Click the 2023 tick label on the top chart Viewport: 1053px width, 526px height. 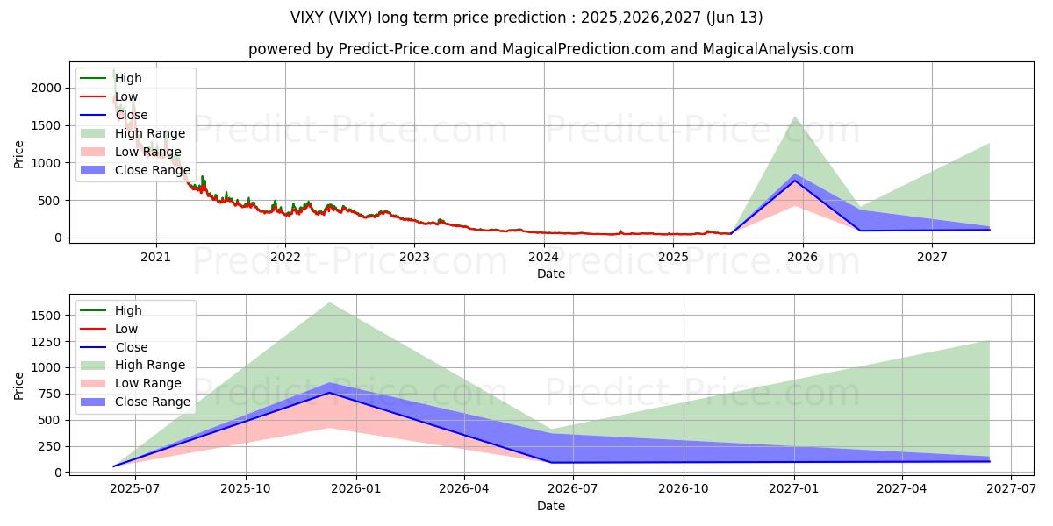coord(414,257)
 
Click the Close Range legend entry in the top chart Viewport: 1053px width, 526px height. coord(152,170)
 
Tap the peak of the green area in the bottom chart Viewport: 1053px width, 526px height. coord(329,302)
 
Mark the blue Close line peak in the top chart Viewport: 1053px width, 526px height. coord(795,181)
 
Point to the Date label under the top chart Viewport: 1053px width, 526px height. coord(551,274)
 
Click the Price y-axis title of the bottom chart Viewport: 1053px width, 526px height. coord(19,386)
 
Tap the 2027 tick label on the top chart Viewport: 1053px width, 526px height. coord(932,257)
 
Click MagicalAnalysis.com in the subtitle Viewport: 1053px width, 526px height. coord(779,49)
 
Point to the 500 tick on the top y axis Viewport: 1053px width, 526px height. coord(52,200)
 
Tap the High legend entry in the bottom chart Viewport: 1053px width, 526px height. coord(128,310)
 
